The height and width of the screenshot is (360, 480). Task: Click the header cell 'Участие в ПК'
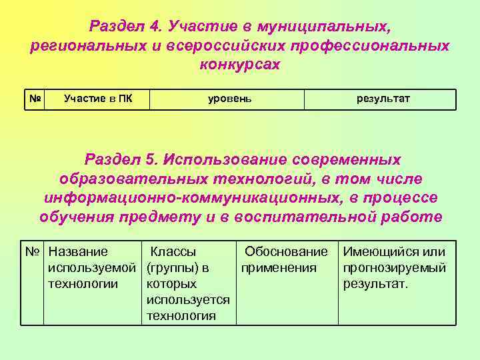coord(97,99)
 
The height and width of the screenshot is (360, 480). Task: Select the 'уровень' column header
coord(230,99)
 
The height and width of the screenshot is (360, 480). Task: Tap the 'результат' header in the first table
coord(383,99)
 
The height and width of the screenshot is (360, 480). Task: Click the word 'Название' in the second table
coord(78,252)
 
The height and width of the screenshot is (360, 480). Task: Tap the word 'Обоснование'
coord(286,252)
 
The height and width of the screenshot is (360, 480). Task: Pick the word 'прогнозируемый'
coord(395,268)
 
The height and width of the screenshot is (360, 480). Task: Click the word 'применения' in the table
coord(279,268)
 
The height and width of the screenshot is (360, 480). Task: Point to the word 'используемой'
coord(92,268)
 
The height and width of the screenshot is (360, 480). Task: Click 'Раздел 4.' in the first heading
coord(125,27)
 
